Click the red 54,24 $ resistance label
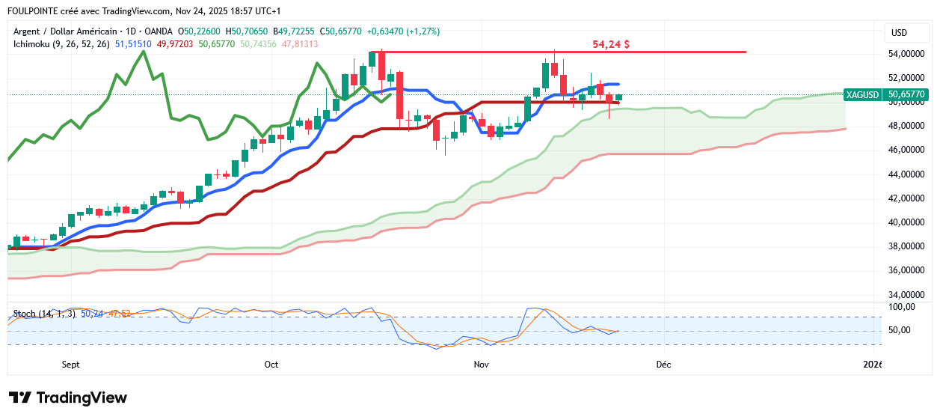click(610, 44)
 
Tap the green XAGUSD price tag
click(886, 95)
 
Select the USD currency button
click(899, 33)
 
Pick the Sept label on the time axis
click(70, 365)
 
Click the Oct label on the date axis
click(271, 365)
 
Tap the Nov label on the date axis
click(481, 365)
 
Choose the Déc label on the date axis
click(663, 365)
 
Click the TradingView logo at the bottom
click(67, 398)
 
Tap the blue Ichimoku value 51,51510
click(133, 44)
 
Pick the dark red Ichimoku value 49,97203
click(175, 44)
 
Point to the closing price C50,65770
click(341, 31)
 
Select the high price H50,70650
click(249, 31)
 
